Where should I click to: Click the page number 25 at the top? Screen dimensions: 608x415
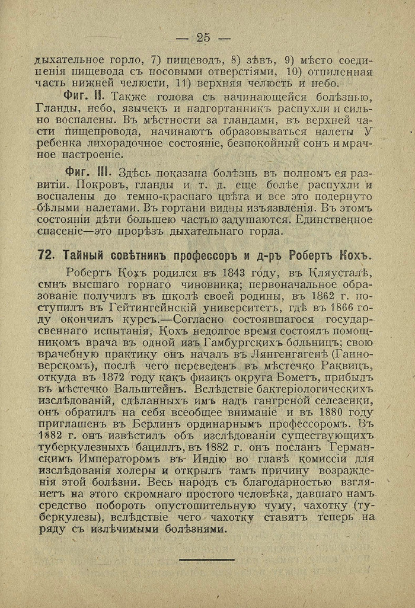pos(203,37)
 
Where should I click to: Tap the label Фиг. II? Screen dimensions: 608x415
pos(84,97)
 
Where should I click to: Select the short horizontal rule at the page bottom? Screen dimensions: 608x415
pos(207,559)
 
